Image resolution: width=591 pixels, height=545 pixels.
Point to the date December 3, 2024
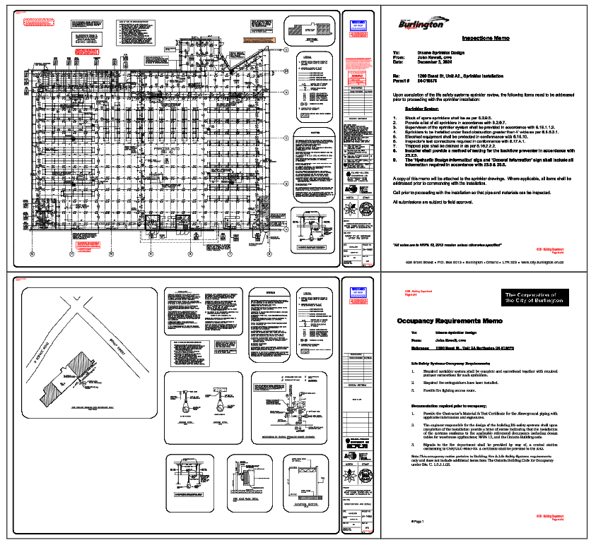pyautogui.click(x=438, y=62)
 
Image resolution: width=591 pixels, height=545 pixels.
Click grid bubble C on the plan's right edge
pyautogui.click(x=286, y=138)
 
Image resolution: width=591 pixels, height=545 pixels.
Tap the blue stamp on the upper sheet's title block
pyautogui.click(x=358, y=26)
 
